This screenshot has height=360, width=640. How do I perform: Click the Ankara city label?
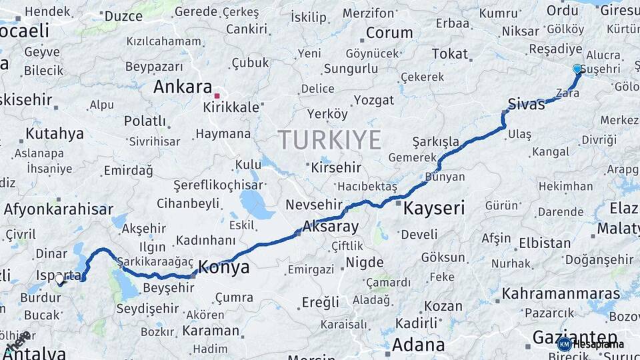[x=182, y=87]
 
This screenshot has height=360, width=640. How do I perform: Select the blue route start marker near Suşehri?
[x=577, y=69]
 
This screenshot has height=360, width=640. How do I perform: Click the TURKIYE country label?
[x=329, y=140]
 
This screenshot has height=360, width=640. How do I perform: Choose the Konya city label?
[x=225, y=267]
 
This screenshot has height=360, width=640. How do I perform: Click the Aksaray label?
[x=331, y=226]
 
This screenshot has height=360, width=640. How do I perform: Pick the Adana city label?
[x=418, y=345]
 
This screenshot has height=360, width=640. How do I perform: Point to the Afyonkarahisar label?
[x=59, y=209]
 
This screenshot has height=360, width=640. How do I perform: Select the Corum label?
[x=389, y=33]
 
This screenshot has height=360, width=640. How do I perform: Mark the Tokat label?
[x=450, y=54]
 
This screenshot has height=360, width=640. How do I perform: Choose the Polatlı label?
[x=145, y=121]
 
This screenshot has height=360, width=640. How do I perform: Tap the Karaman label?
[x=211, y=331]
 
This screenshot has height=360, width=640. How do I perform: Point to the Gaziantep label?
[x=575, y=337]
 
